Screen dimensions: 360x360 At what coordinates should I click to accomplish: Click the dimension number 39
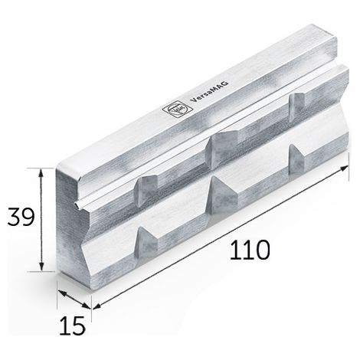21,217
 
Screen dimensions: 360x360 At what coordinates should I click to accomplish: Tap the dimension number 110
250,250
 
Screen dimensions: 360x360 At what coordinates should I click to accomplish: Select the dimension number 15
72,326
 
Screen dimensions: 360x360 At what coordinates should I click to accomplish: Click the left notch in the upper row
146,191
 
